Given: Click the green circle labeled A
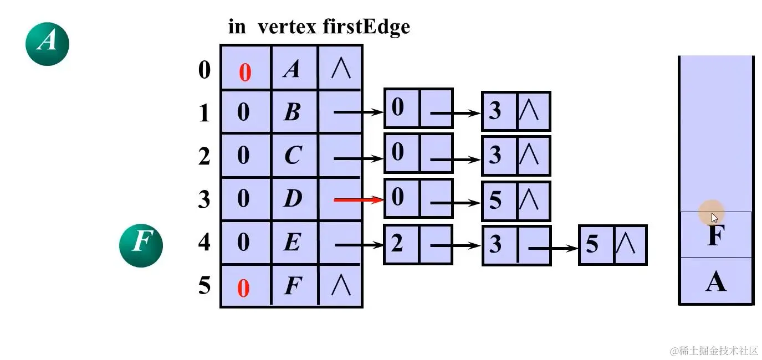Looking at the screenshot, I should [47, 42].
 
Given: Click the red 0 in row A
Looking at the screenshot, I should [245, 73].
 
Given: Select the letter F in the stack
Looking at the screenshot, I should [715, 236].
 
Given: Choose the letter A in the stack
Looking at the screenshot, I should [715, 282].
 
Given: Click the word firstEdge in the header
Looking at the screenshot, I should [366, 27].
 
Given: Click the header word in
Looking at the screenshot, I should [237, 27].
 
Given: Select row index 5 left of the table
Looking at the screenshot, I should [204, 286].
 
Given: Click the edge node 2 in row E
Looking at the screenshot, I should [397, 244].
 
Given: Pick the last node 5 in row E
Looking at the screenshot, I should [592, 244].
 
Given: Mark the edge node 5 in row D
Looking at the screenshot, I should [495, 200].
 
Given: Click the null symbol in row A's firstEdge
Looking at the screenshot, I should [340, 69].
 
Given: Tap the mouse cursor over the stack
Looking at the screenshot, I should [714, 218].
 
